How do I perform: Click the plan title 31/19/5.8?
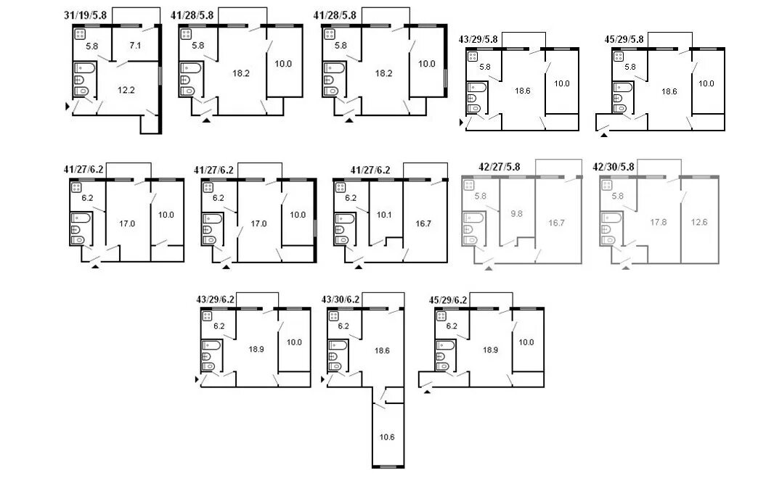point(85,15)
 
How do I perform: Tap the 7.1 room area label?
point(135,46)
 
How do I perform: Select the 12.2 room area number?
point(126,90)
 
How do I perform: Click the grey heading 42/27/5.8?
point(500,167)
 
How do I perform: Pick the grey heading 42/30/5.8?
point(614,167)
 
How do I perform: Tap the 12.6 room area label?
point(699,222)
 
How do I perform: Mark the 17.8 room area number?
point(659,222)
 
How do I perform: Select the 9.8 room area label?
point(516,214)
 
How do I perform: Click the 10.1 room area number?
point(384,215)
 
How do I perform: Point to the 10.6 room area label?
point(387,437)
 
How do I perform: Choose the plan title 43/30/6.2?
point(341,300)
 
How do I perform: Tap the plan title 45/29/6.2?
point(448,300)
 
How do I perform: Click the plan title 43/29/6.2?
point(215,300)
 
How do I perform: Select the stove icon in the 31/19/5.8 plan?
point(80,34)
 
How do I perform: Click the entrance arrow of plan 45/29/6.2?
point(427,391)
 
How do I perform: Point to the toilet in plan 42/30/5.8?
point(608,240)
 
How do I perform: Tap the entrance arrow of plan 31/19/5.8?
point(68,106)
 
